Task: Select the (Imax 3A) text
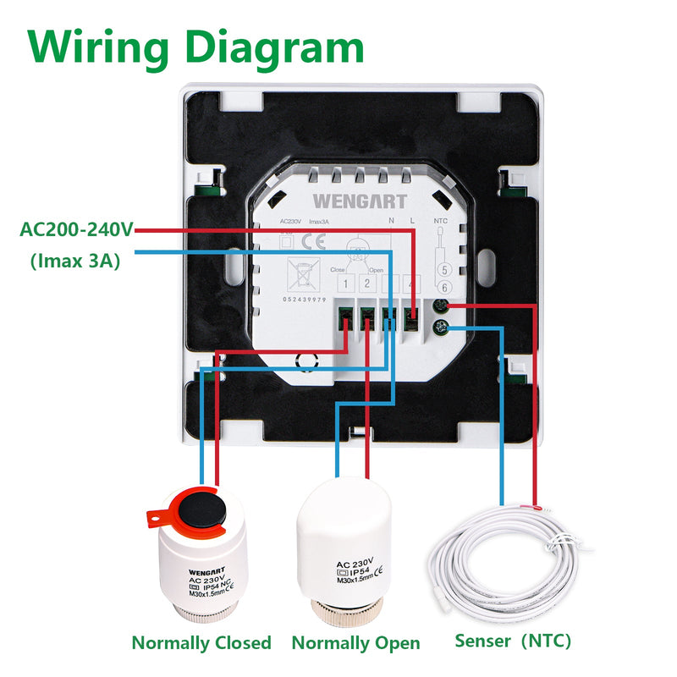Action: click(74, 261)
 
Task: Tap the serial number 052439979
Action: click(306, 299)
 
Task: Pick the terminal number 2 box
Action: click(368, 284)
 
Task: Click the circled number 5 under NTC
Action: click(443, 271)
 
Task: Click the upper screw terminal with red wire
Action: click(441, 307)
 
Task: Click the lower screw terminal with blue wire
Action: click(441, 327)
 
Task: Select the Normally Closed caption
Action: click(201, 643)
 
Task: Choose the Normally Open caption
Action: click(355, 643)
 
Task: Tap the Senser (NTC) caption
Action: click(513, 641)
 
